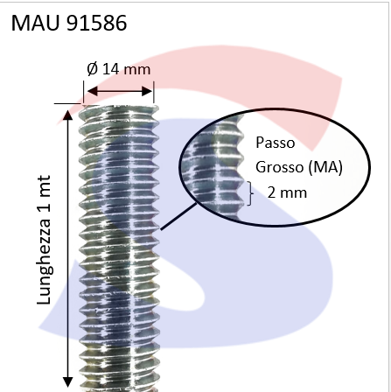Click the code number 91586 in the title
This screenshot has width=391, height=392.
[x=97, y=23]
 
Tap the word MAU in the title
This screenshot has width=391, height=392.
[x=35, y=23]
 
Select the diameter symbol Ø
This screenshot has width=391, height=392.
[x=93, y=69]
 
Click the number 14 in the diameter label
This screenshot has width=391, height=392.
[x=111, y=69]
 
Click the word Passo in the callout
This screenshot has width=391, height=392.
[x=276, y=143]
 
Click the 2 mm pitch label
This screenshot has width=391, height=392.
[x=287, y=192]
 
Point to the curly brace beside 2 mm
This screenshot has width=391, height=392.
[x=250, y=193]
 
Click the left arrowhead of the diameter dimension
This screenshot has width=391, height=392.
[x=92, y=91]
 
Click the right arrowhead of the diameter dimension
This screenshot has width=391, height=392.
[x=146, y=91]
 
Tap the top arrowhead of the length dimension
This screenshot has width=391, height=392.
[x=68, y=115]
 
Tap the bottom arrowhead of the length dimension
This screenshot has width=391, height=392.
[x=68, y=382]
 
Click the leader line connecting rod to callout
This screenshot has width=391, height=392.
[x=178, y=217]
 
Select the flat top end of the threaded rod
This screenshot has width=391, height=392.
[x=119, y=108]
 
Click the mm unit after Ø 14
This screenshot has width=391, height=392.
[x=137, y=70]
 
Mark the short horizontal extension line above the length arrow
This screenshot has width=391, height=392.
[x=67, y=103]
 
